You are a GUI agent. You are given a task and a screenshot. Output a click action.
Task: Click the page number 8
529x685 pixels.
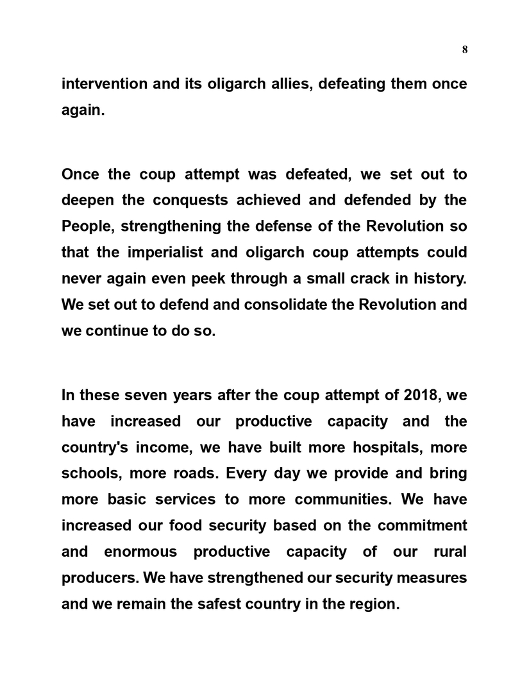click(x=464, y=50)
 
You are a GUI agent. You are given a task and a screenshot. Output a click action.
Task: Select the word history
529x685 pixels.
click(x=440, y=278)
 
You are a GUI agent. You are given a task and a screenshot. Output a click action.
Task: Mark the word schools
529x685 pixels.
click(x=89, y=473)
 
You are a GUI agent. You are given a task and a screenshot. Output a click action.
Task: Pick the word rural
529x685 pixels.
click(x=448, y=552)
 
